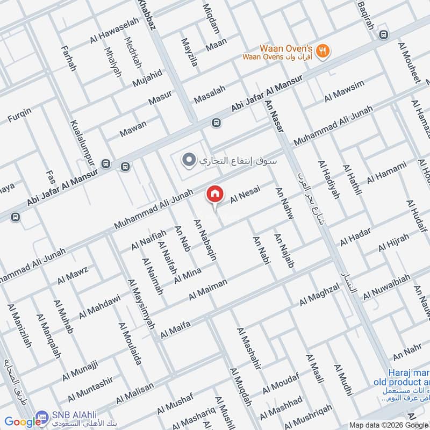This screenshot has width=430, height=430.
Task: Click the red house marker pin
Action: [214, 195]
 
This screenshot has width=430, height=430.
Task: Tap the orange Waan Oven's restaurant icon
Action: [323, 51]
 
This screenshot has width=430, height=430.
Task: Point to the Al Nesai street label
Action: [241, 199]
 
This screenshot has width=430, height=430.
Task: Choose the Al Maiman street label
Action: [208, 290]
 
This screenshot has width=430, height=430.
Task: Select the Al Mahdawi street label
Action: [100, 306]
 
